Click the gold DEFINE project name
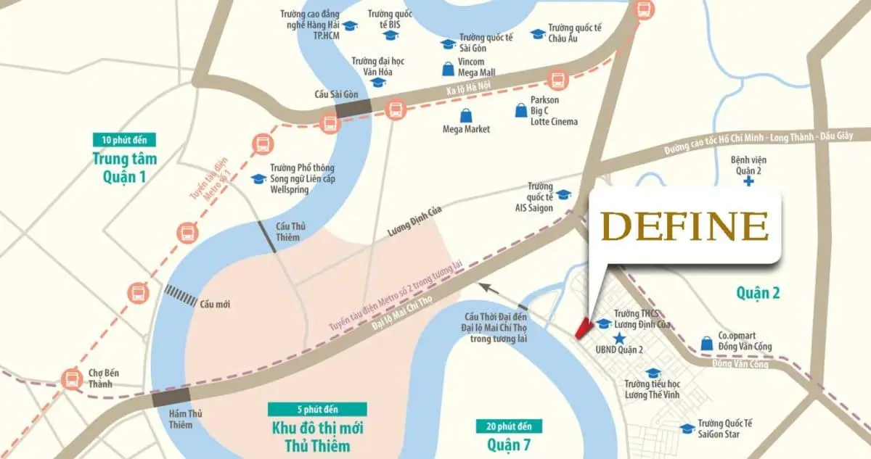(x=685, y=227)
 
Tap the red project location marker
(x=581, y=328)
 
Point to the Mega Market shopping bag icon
(x=465, y=116)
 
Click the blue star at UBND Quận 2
(x=618, y=339)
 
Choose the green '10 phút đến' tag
(x=124, y=140)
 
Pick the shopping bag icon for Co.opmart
(x=706, y=342)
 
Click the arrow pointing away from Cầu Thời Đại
(x=493, y=291)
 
